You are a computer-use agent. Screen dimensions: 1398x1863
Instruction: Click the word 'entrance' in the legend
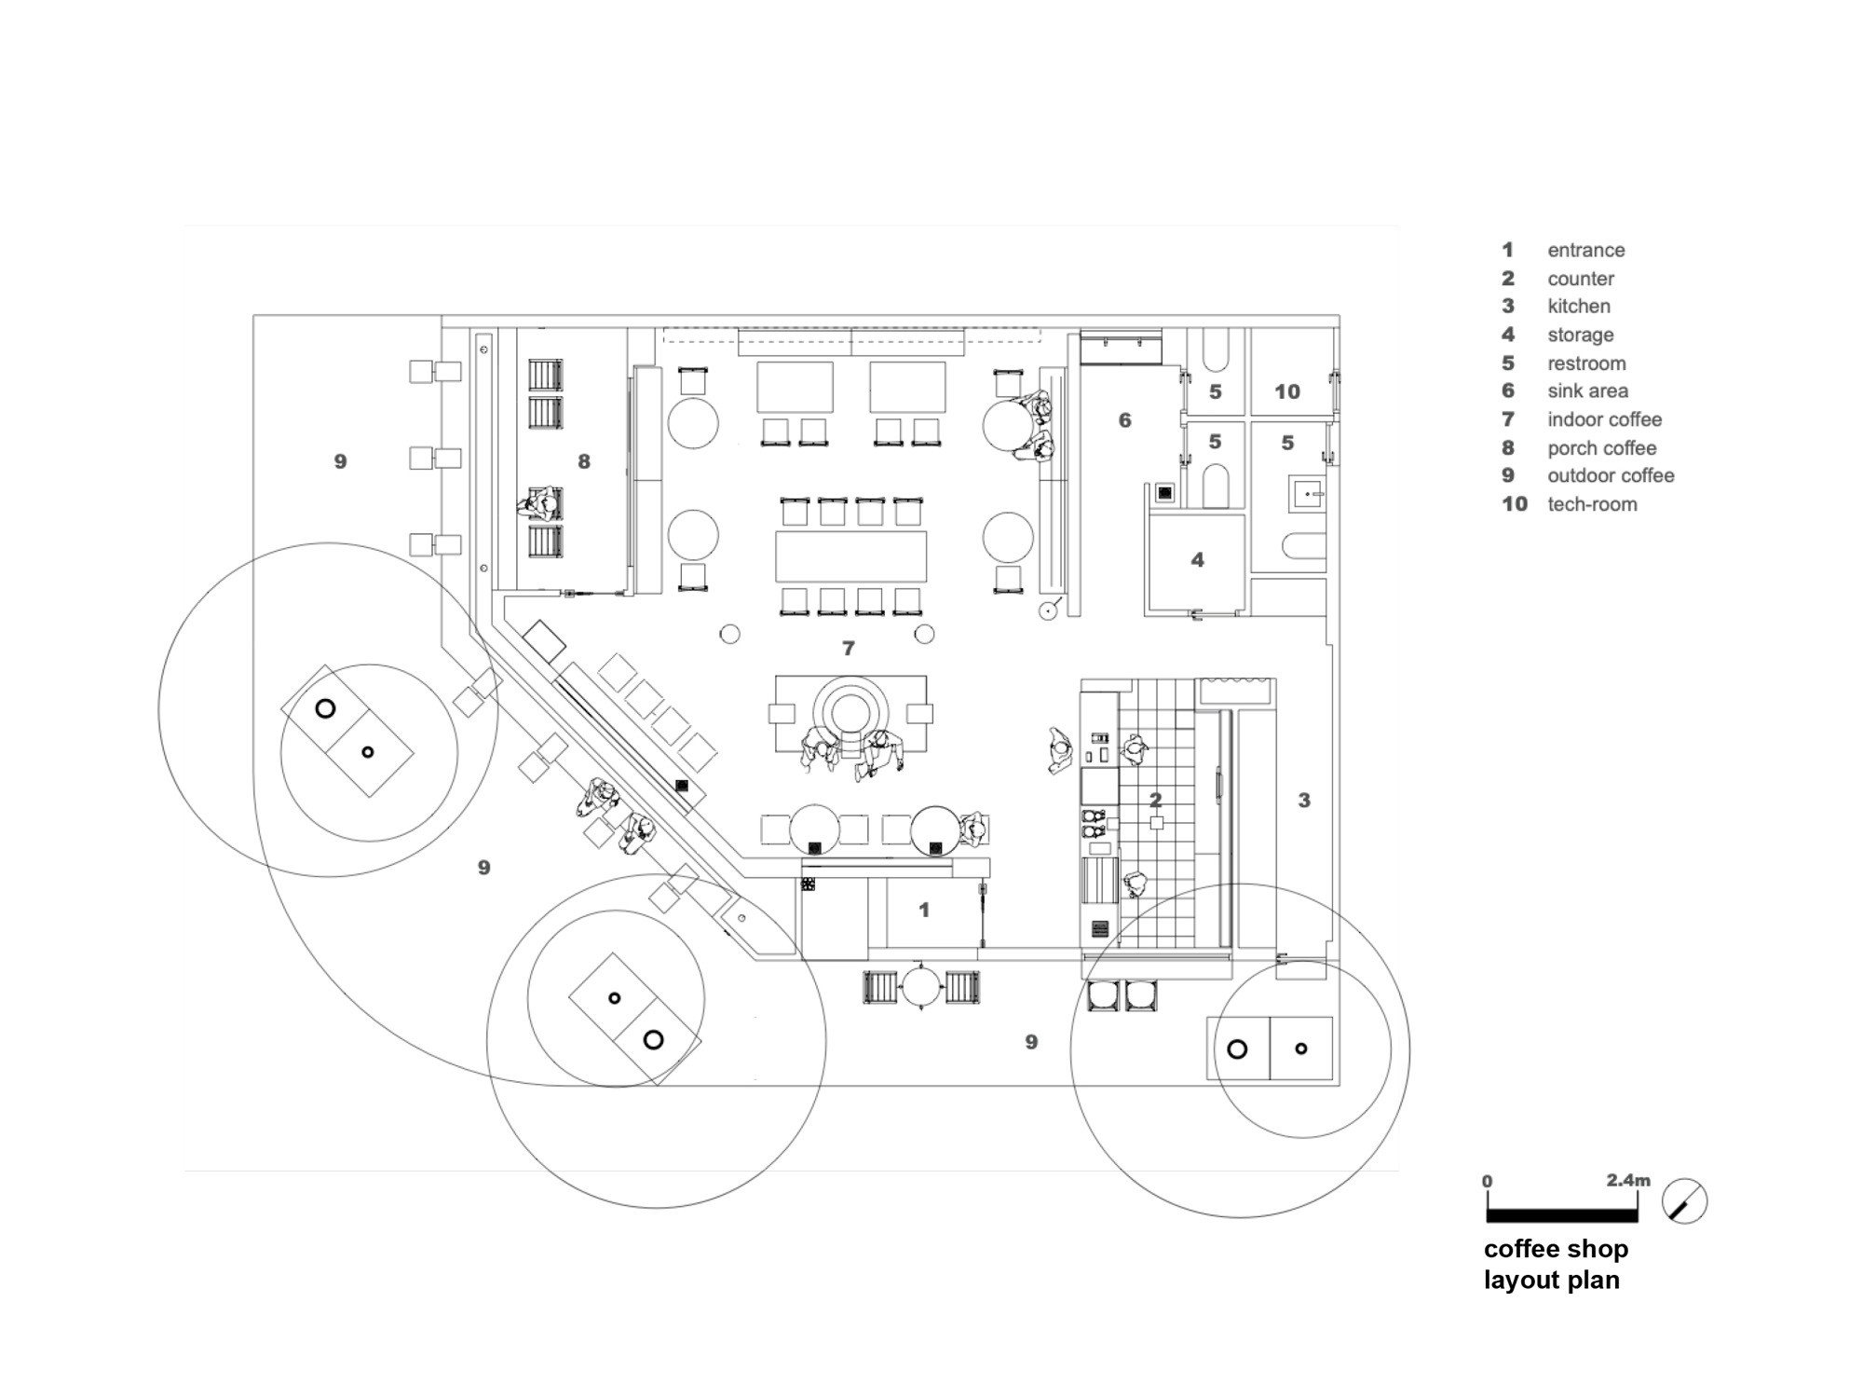click(1585, 250)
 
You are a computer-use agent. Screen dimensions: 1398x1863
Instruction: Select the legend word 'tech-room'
click(1592, 504)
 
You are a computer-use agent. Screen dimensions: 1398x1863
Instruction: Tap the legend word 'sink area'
click(1587, 391)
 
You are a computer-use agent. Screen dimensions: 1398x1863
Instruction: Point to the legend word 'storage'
click(1580, 335)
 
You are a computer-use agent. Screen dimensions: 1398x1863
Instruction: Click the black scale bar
click(1561, 1214)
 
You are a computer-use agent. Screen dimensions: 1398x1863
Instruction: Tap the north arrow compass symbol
click(1685, 1201)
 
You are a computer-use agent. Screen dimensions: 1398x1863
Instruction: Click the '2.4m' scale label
click(1627, 1180)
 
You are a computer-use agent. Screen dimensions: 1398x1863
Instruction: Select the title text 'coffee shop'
click(1556, 1248)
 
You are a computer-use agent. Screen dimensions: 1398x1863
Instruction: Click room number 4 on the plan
click(1197, 560)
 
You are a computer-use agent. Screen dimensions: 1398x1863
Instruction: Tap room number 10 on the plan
click(1286, 391)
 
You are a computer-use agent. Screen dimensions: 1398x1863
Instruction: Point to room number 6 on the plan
click(1124, 420)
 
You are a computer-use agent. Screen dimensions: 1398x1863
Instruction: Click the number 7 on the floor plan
click(848, 648)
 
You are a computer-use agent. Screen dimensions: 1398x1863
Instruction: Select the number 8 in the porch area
click(584, 461)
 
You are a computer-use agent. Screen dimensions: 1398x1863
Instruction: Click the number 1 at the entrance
click(923, 910)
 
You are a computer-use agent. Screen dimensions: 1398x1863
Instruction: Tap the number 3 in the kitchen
click(1304, 800)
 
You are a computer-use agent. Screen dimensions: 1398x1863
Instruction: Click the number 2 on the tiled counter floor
click(1155, 800)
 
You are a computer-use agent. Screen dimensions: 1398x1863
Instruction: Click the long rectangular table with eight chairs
click(850, 556)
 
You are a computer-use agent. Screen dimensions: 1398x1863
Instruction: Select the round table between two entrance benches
click(921, 986)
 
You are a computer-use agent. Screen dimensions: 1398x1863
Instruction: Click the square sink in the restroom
click(1308, 493)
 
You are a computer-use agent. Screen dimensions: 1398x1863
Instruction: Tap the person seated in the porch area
click(541, 504)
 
